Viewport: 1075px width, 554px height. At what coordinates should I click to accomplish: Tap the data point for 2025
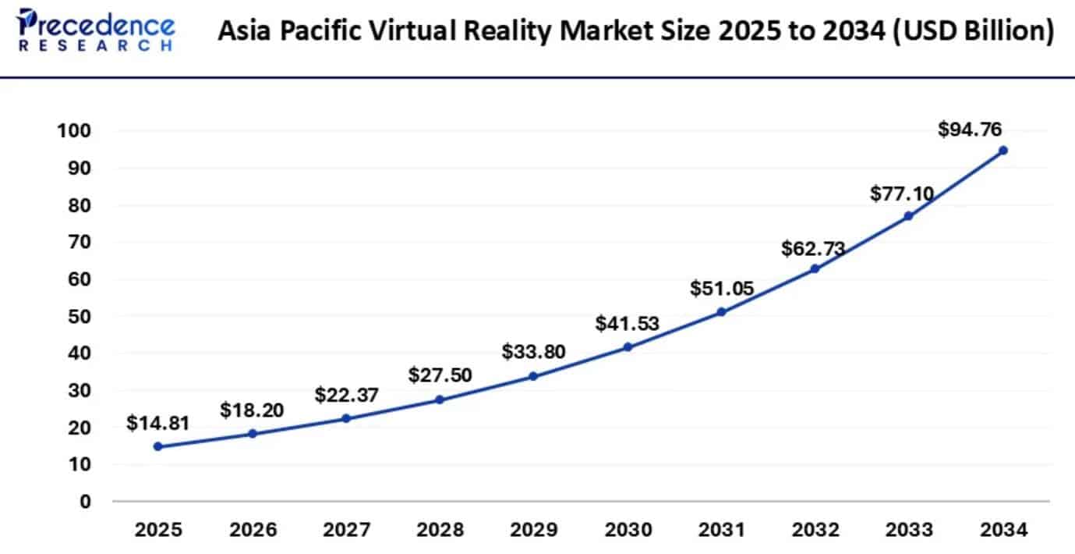click(158, 446)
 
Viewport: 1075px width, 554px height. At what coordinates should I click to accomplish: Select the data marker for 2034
click(1003, 150)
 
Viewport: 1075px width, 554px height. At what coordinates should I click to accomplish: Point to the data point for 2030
click(628, 347)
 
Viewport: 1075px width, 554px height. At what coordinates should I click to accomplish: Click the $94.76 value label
click(970, 129)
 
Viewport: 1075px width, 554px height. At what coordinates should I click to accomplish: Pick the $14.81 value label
click(157, 423)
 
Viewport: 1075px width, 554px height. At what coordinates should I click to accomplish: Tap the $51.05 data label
click(722, 289)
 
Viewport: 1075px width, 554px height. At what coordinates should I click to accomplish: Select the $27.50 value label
click(440, 375)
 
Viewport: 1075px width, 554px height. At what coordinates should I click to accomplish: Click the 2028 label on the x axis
click(440, 531)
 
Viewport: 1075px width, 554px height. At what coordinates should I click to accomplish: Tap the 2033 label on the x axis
click(909, 531)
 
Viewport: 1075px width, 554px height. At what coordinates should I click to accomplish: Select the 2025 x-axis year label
click(158, 531)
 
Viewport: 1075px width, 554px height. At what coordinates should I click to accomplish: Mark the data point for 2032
click(815, 268)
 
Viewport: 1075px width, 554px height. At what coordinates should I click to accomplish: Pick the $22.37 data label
click(346, 396)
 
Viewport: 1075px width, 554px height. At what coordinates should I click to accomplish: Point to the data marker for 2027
click(346, 418)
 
